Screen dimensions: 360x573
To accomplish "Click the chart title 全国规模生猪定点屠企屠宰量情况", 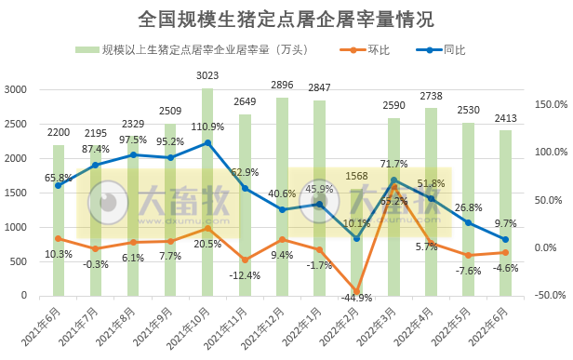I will pyautogui.click(x=286, y=18).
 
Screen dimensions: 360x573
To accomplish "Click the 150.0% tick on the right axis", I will pyautogui.click(x=545, y=104).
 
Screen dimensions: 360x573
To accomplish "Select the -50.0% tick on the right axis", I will pyautogui.click(x=545, y=296).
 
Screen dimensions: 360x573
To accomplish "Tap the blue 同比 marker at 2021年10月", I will pyautogui.click(x=207, y=142).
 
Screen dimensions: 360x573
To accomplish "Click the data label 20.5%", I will pyautogui.click(x=207, y=244).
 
